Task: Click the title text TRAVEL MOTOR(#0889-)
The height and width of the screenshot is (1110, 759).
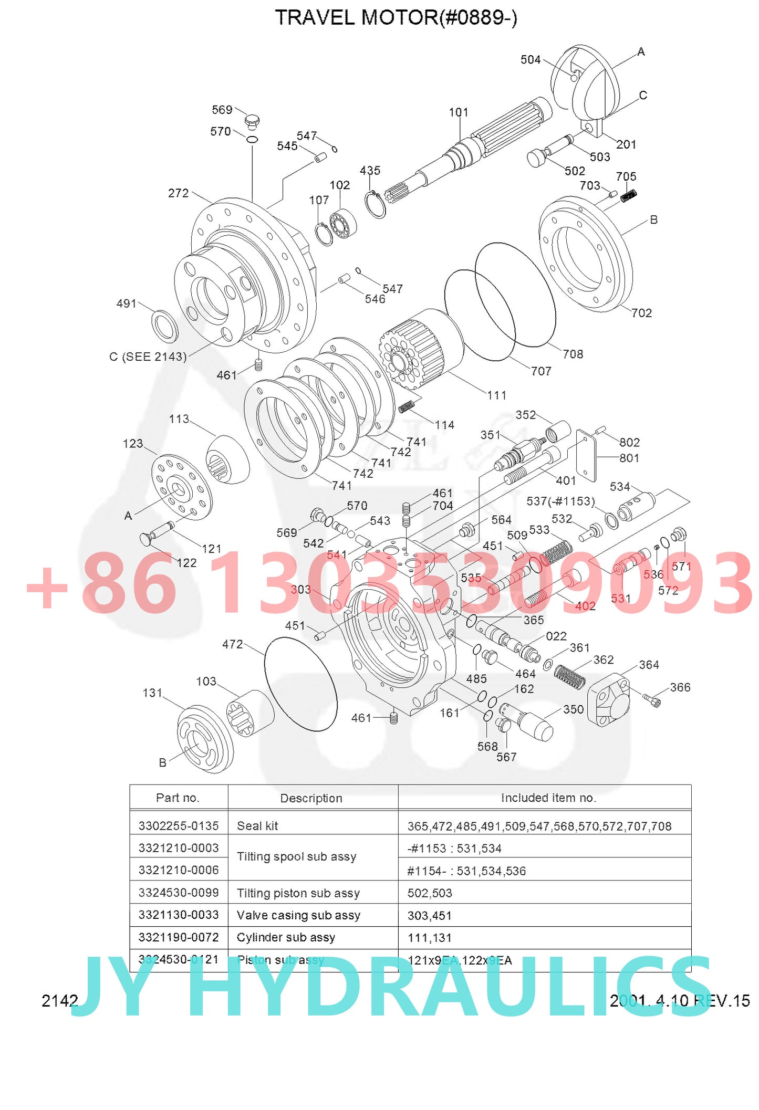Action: (396, 18)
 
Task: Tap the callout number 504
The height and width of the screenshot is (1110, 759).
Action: (530, 60)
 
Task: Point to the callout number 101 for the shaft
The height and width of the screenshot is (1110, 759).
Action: (458, 112)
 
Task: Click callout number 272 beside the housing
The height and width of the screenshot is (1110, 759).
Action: (178, 193)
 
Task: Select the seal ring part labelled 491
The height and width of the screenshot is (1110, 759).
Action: (165, 326)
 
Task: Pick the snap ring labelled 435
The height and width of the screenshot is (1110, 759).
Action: (375, 204)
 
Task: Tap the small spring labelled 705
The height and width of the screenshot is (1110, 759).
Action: (629, 196)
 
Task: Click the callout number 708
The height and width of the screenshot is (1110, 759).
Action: (573, 354)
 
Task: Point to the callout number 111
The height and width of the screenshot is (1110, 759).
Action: (496, 395)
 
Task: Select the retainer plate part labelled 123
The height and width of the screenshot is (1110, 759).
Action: (182, 488)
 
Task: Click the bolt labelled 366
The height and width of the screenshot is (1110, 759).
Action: (652, 699)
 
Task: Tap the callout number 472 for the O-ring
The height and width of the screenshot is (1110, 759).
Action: (232, 644)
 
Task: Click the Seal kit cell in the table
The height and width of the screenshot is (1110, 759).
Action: (257, 826)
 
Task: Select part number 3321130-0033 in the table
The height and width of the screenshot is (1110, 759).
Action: (179, 915)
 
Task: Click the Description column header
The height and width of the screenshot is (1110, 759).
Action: (311, 798)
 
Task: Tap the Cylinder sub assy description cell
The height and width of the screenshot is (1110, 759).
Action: (286, 937)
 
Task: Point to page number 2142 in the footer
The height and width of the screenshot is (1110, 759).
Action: (59, 1001)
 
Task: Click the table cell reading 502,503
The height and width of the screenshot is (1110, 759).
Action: (430, 893)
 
